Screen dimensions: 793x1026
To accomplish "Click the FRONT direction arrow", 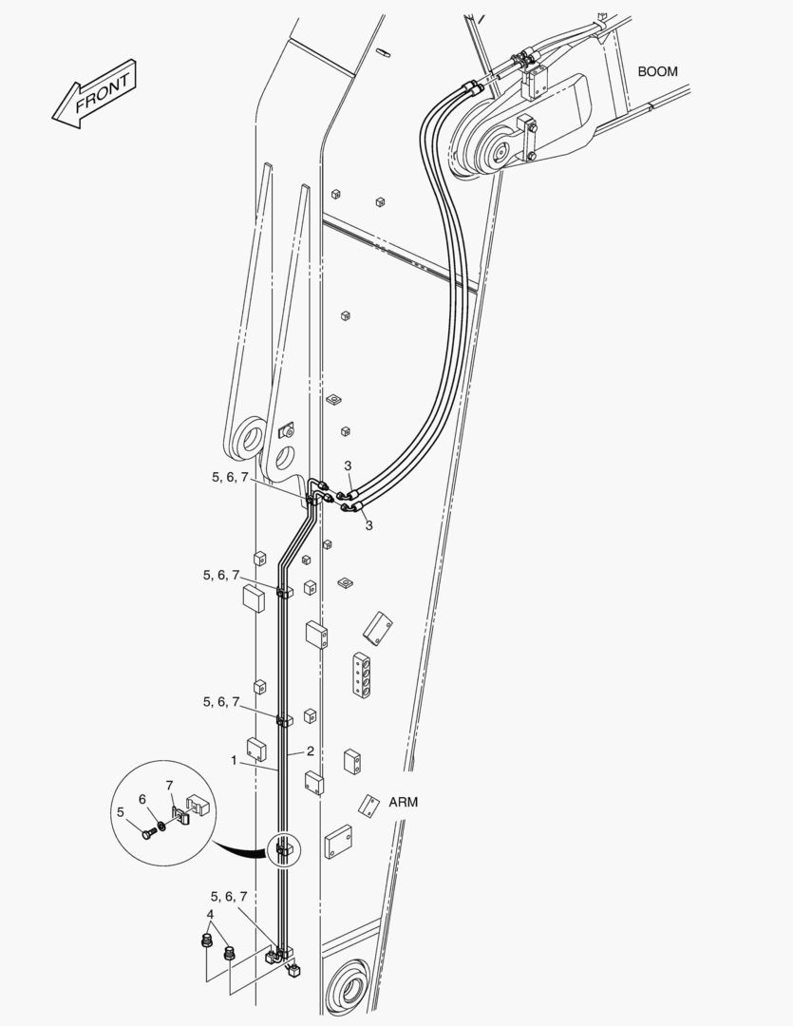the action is pyautogui.click(x=94, y=93).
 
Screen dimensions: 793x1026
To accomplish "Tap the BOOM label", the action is pyautogui.click(x=657, y=71).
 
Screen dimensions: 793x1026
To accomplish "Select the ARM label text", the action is pyautogui.click(x=403, y=802).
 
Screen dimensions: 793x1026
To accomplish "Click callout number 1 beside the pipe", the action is pyautogui.click(x=234, y=760).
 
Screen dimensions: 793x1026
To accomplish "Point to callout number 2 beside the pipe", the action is pyautogui.click(x=311, y=750).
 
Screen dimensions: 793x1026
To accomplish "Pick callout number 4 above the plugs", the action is pyautogui.click(x=210, y=914).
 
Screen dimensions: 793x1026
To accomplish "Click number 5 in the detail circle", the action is pyautogui.click(x=121, y=812).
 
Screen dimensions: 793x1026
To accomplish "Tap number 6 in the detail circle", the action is pyautogui.click(x=142, y=799).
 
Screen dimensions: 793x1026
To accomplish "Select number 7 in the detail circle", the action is pyautogui.click(x=169, y=785).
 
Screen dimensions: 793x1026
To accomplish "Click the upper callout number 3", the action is pyautogui.click(x=349, y=465).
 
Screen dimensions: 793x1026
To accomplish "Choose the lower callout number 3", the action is pyautogui.click(x=368, y=524).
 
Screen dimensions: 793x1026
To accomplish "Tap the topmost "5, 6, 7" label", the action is pyautogui.click(x=230, y=477).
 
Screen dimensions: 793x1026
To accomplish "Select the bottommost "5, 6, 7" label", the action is pyautogui.click(x=228, y=896).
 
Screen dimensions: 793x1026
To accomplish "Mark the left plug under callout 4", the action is pyautogui.click(x=206, y=942).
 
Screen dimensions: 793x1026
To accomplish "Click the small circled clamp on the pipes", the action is pyautogui.click(x=284, y=850).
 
